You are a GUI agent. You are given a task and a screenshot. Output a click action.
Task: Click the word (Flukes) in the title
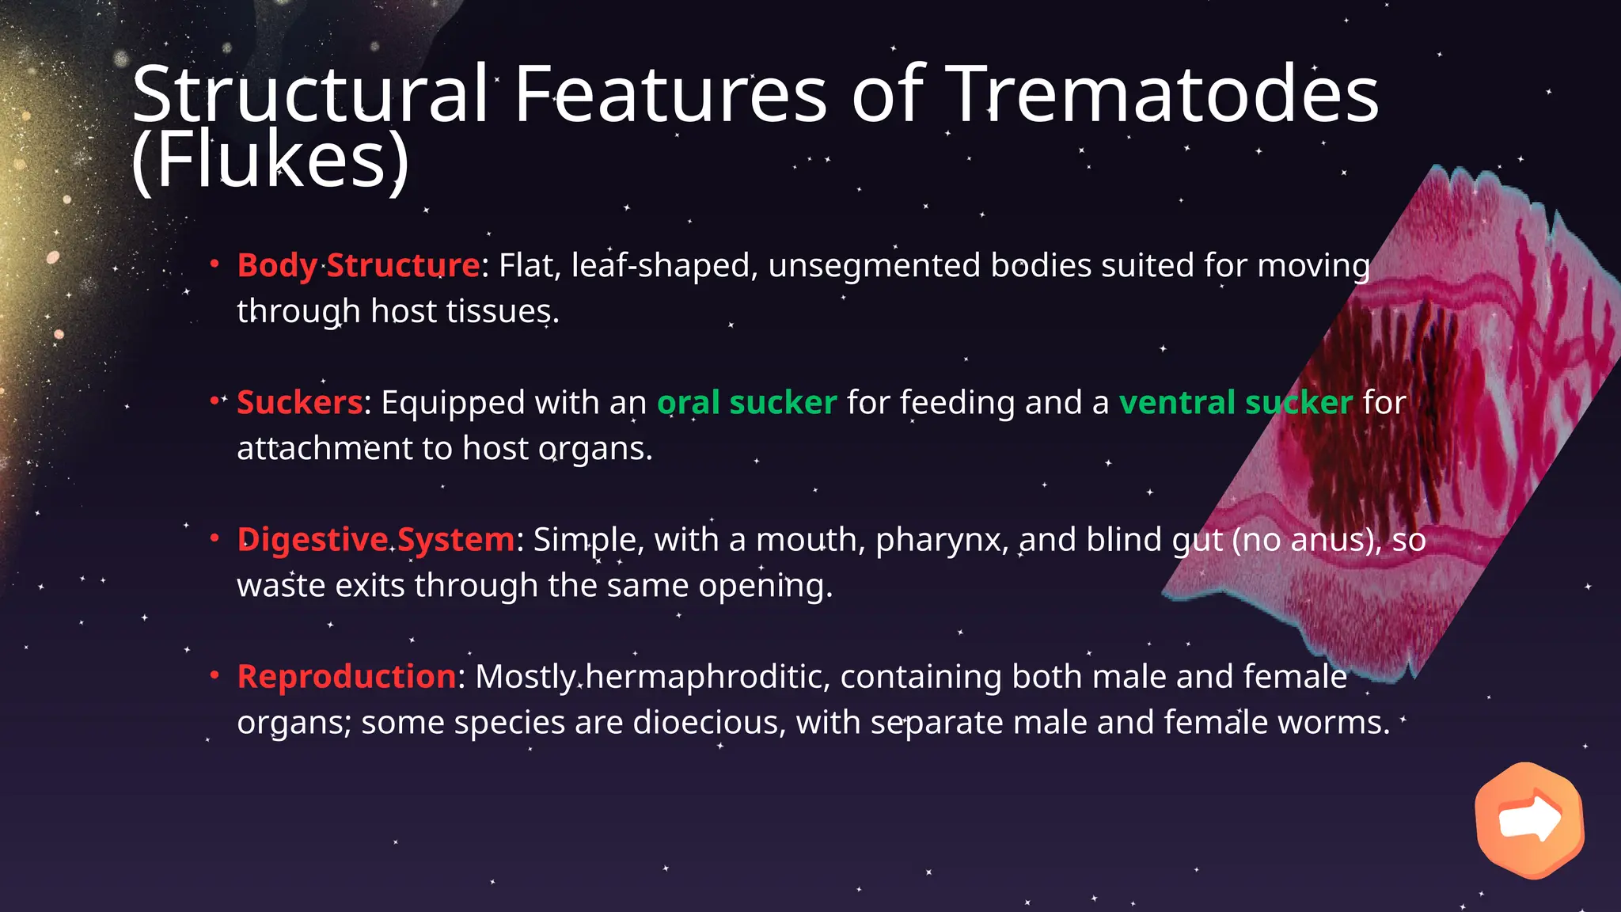click(x=271, y=161)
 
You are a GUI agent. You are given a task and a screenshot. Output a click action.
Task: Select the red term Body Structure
click(x=358, y=266)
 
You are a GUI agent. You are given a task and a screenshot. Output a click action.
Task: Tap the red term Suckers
click(x=299, y=403)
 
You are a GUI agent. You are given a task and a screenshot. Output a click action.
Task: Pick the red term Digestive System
click(x=376, y=540)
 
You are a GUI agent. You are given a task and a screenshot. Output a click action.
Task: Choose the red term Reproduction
click(x=347, y=677)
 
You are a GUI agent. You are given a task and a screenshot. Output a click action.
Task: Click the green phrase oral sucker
click(x=746, y=403)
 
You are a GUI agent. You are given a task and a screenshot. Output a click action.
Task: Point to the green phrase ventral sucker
click(x=1235, y=403)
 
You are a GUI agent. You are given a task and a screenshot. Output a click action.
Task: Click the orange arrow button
click(x=1529, y=820)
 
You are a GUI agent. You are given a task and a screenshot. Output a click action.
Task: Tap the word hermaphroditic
click(x=707, y=678)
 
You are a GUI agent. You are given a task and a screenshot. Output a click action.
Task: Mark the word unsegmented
click(x=874, y=266)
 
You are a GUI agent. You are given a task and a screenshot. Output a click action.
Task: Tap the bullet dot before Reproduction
click(x=214, y=676)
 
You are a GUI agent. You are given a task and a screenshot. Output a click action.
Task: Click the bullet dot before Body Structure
click(x=214, y=264)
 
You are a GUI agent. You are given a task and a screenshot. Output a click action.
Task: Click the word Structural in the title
click(x=310, y=95)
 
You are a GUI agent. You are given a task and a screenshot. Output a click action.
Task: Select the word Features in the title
click(x=670, y=95)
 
